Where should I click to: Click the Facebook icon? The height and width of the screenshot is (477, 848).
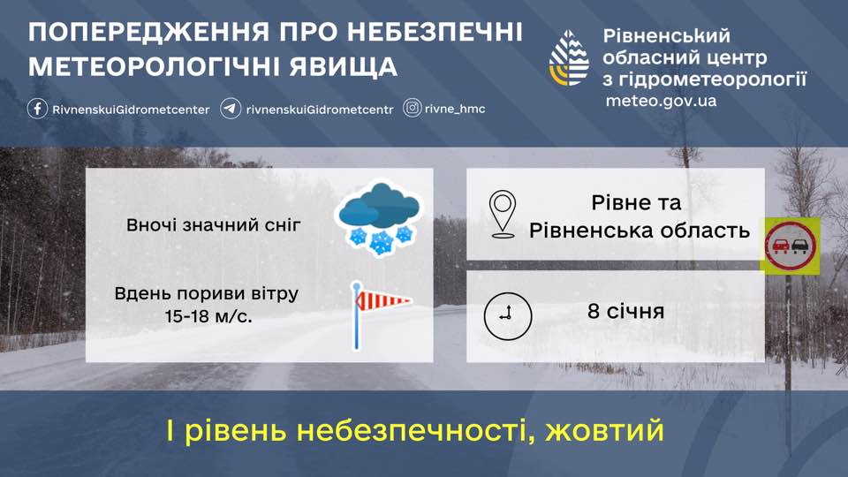pos(37,109)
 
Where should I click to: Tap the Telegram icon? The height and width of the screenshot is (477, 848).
pos(231,109)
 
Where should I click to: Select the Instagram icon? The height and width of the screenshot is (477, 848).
pos(413,108)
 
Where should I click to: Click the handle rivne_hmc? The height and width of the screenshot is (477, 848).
pos(456,109)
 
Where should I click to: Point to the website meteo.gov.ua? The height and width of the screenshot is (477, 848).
pos(661,101)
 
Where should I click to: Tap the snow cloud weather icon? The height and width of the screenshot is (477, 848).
pos(379,219)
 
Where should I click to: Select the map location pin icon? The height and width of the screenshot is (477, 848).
pos(503,214)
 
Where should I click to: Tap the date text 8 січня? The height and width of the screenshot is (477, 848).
pos(625,312)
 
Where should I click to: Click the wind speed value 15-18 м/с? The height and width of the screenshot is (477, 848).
pos(207,315)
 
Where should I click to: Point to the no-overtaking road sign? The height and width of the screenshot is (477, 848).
pos(791,246)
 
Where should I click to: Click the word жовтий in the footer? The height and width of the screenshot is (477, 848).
pos(604,431)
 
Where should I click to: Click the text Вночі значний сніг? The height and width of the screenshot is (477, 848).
pos(214,225)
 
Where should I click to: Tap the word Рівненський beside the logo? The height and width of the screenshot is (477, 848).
pos(667,36)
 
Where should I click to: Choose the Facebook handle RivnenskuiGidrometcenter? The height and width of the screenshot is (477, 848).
pos(131,110)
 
